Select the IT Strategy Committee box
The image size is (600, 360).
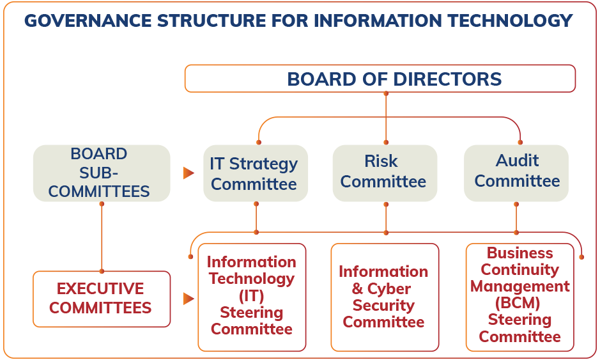point(254,173)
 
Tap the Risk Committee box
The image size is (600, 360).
point(383,171)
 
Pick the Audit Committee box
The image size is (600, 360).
point(516,171)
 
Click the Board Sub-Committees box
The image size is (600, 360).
point(100,173)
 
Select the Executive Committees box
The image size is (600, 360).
point(101,299)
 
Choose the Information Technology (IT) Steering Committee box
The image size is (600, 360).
point(252,296)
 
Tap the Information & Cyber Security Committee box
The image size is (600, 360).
point(383,297)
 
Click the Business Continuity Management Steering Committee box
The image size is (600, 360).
point(519,295)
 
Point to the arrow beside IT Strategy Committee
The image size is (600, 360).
point(188,173)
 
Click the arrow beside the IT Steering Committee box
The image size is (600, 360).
point(188,299)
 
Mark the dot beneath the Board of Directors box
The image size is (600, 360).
point(386,94)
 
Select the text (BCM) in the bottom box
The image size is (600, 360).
point(519,302)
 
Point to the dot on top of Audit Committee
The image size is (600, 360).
point(519,142)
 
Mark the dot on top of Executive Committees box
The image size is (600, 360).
point(101,270)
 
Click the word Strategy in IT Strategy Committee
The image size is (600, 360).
point(263,164)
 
